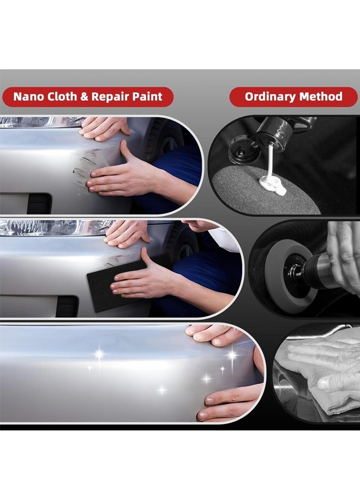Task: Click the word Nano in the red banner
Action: (27, 97)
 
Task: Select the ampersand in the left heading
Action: (84, 97)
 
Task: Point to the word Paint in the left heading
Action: (147, 97)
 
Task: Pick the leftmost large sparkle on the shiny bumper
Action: (99, 354)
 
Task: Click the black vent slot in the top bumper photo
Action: (39, 203)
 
